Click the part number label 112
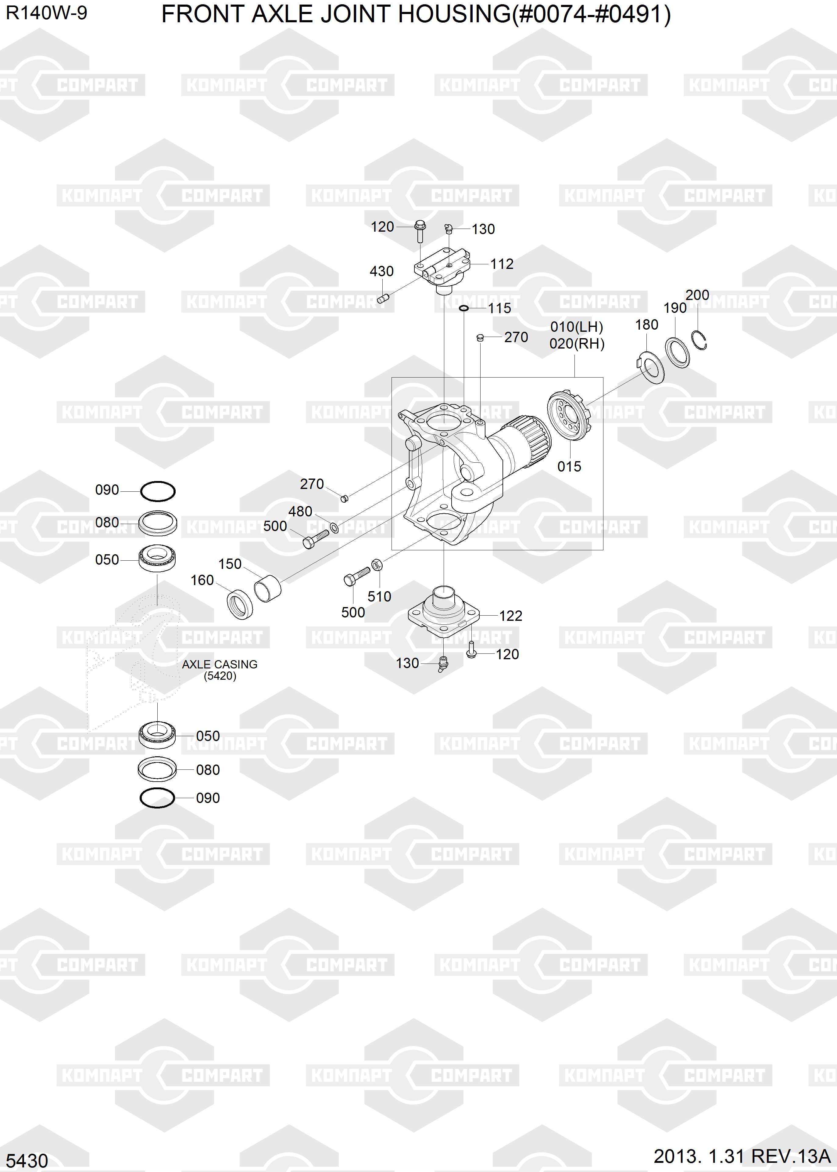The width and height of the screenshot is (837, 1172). tap(502, 264)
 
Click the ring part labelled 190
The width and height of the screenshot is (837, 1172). tap(677, 352)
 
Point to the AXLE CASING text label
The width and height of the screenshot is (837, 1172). tap(220, 664)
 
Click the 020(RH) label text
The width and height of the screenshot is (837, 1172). tap(577, 344)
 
